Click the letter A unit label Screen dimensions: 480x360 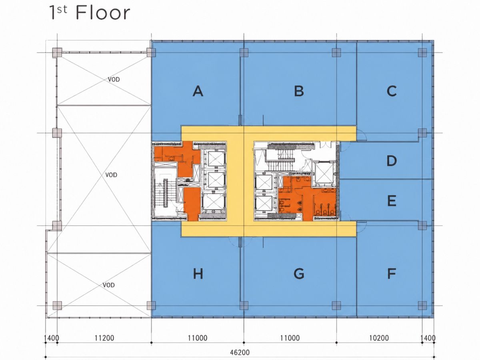[x=198, y=91]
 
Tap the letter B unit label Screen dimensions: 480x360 [x=299, y=91]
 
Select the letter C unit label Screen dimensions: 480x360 [x=392, y=91]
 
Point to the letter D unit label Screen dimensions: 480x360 [x=392, y=161]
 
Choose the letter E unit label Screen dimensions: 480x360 [x=392, y=201]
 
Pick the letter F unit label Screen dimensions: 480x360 [x=392, y=274]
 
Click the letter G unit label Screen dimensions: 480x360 [x=299, y=274]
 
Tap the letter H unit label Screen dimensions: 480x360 [x=198, y=274]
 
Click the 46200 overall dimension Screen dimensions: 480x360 [x=240, y=352]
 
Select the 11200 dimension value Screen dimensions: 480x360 [x=104, y=338]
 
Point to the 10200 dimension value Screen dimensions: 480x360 [x=379, y=338]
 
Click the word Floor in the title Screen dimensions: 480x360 [x=103, y=13]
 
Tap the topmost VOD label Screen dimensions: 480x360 [x=114, y=79]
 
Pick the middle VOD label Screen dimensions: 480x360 [x=111, y=175]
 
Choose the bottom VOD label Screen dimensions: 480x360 [x=109, y=285]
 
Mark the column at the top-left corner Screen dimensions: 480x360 [x=57, y=53]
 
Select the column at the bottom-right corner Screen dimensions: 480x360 [x=422, y=306]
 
